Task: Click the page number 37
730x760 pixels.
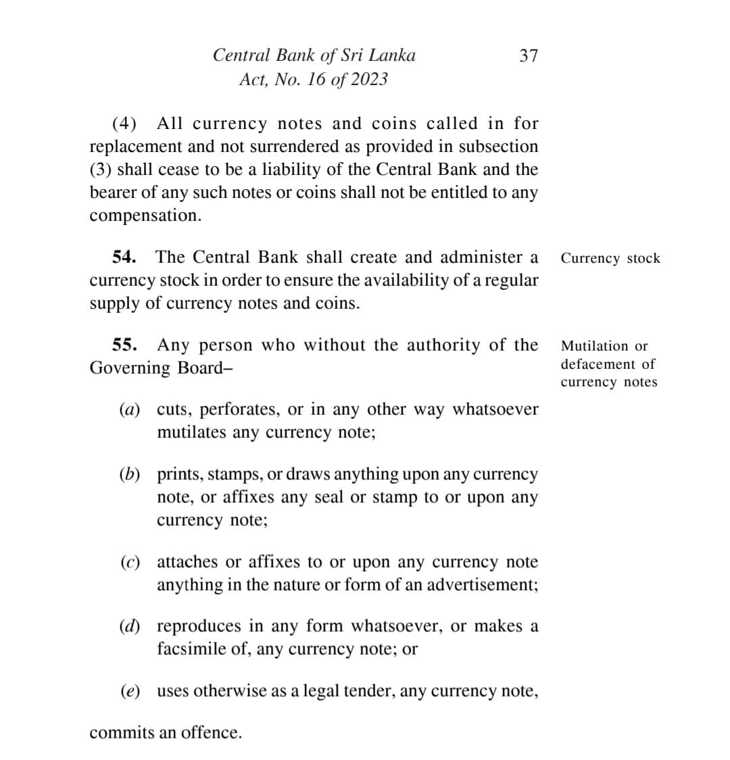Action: pyautogui.click(x=528, y=55)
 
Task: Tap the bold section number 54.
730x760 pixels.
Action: pyautogui.click(x=124, y=257)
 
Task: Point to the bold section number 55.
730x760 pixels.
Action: pyautogui.click(x=124, y=345)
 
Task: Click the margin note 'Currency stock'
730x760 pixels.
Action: pyautogui.click(x=610, y=258)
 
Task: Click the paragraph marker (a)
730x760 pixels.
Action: pyautogui.click(x=129, y=409)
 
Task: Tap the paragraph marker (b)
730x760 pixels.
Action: pyautogui.click(x=129, y=474)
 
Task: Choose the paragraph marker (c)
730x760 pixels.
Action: pyautogui.click(x=129, y=562)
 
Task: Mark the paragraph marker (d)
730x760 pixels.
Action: pyautogui.click(x=129, y=626)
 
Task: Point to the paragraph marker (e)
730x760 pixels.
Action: pyautogui.click(x=129, y=691)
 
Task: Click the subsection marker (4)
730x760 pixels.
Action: pyautogui.click(x=124, y=124)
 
